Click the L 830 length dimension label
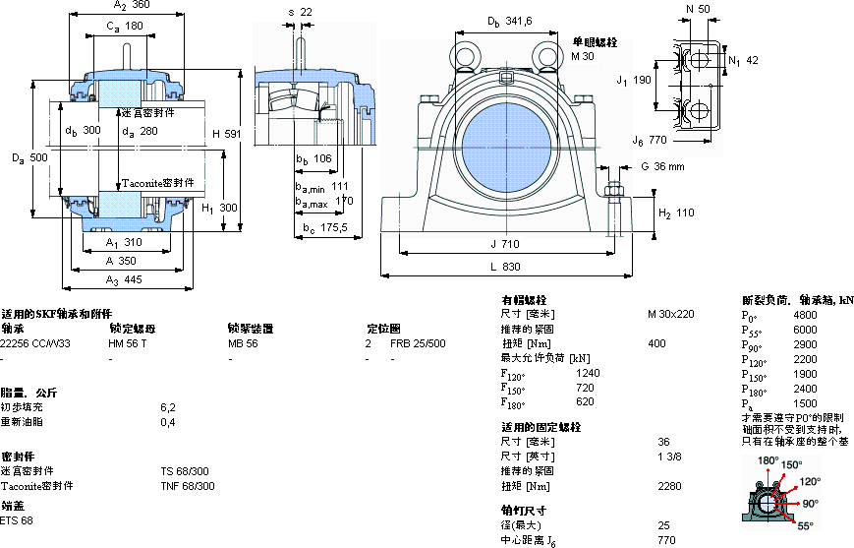tap(503, 267)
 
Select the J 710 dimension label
tap(503, 244)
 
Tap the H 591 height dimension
tap(227, 133)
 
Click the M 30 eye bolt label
tap(584, 57)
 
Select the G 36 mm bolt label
tap(662, 166)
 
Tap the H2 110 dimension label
tap(676, 213)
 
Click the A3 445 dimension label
tap(123, 280)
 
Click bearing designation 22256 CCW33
tap(36, 343)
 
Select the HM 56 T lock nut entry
tap(127, 343)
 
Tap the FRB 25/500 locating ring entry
tap(418, 343)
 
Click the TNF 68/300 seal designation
tap(187, 486)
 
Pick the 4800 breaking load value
tap(805, 316)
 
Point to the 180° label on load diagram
tap(768, 460)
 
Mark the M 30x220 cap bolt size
tap(670, 314)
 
